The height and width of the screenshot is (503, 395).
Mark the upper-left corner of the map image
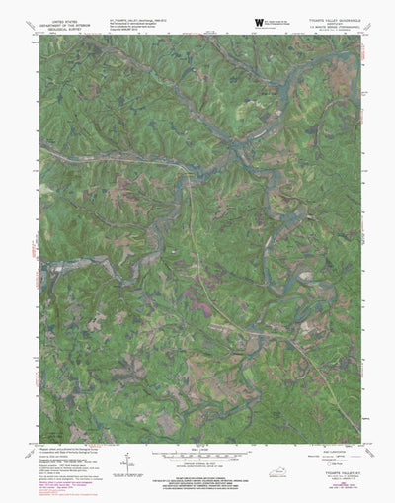coord(40,37)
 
